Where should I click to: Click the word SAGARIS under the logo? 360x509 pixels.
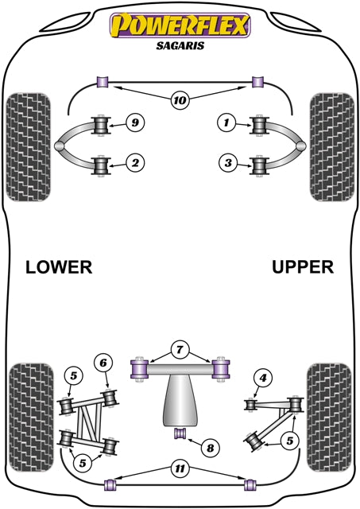[179, 45]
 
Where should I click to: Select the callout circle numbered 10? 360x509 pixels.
[180, 100]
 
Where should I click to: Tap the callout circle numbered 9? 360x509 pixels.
[136, 122]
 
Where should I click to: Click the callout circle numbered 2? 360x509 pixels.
[136, 164]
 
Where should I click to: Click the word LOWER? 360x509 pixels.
[59, 267]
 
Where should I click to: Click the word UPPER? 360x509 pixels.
[303, 267]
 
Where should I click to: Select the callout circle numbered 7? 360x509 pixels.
[180, 351]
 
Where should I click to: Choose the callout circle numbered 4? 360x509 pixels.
[261, 379]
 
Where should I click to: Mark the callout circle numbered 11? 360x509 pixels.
[180, 468]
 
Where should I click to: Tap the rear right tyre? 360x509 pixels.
[329, 408]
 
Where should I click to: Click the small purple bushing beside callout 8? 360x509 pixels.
[180, 433]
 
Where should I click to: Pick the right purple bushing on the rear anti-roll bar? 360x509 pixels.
[249, 482]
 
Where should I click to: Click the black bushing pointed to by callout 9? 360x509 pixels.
[102, 125]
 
